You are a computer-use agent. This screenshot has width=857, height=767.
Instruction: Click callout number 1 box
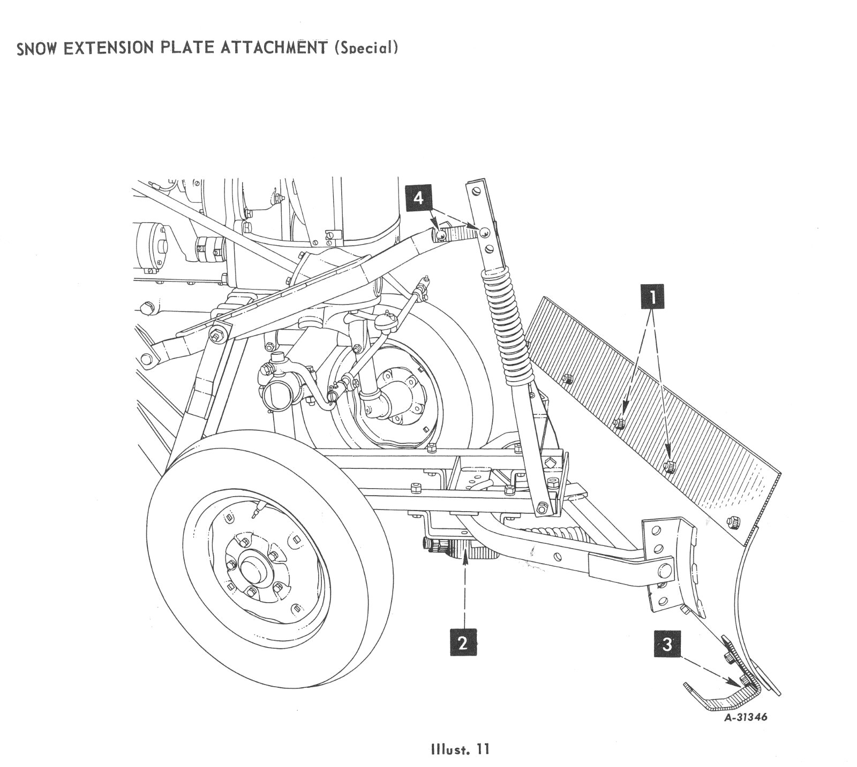pos(652,295)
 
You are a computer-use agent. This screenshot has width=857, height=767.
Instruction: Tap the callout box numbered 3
pos(667,644)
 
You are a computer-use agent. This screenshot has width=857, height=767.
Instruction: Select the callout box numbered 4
pos(418,198)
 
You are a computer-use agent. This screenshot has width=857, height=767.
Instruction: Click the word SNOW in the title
pos(37,49)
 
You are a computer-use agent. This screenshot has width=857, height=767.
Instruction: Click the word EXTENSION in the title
pos(110,48)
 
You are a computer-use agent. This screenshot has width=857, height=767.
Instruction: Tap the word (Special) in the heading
pos(366,47)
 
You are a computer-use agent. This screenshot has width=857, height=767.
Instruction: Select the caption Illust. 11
pos(460,748)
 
